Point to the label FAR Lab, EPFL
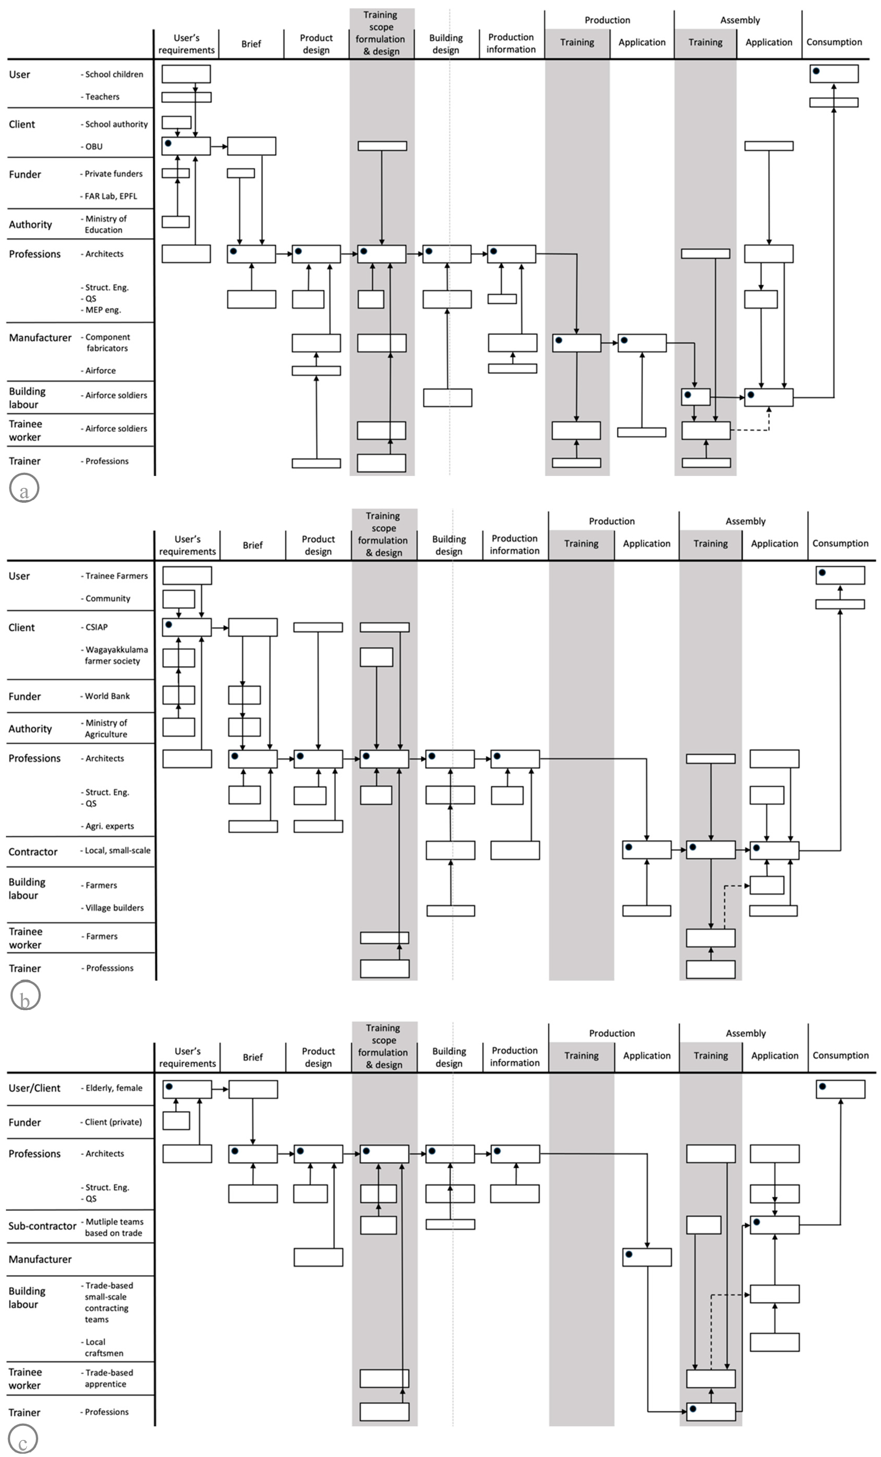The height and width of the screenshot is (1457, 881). pos(111,196)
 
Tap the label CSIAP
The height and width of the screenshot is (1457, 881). pos(96,627)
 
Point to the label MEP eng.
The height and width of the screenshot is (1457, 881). pos(103,310)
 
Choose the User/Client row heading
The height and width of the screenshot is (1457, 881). pos(34,1088)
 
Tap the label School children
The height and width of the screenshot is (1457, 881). pos(114,74)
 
